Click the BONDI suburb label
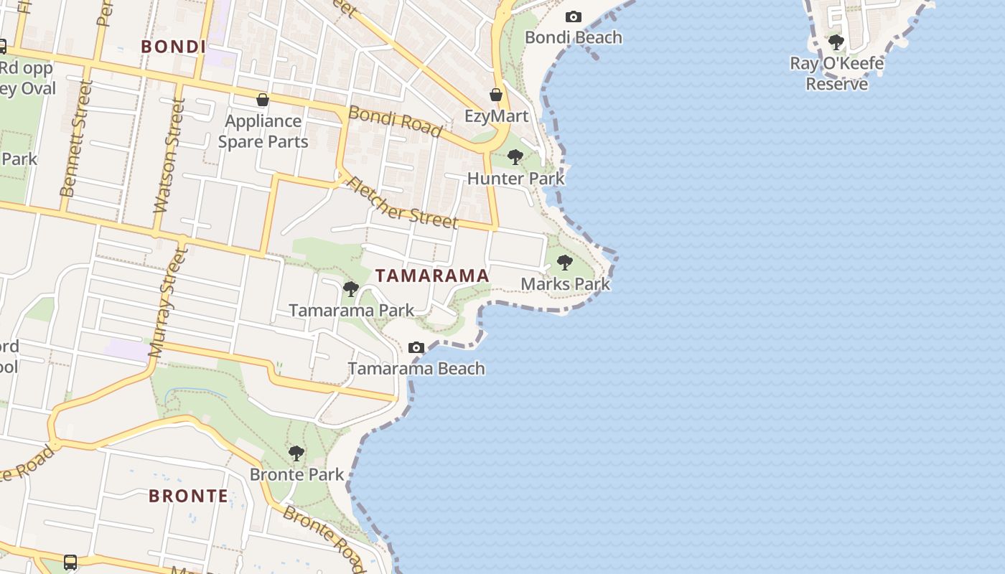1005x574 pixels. (x=173, y=47)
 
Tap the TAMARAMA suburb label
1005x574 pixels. (x=432, y=276)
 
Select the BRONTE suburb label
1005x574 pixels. (x=189, y=496)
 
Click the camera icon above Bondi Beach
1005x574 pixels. (x=574, y=17)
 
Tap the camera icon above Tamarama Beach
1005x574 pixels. (x=416, y=348)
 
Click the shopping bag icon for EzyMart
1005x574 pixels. (x=495, y=95)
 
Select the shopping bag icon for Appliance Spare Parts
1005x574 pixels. (x=263, y=100)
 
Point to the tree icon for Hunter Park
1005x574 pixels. (x=515, y=157)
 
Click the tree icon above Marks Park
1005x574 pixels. (x=565, y=263)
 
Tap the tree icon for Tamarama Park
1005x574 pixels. (x=351, y=289)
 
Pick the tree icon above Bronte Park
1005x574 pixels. (x=296, y=453)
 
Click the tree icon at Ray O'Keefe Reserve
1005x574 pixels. (x=836, y=42)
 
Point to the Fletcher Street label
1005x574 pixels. (x=402, y=203)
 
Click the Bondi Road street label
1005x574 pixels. (x=395, y=121)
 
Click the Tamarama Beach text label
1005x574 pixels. (x=417, y=369)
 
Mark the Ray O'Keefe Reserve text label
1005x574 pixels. (x=837, y=74)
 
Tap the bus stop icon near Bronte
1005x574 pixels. (x=70, y=562)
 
